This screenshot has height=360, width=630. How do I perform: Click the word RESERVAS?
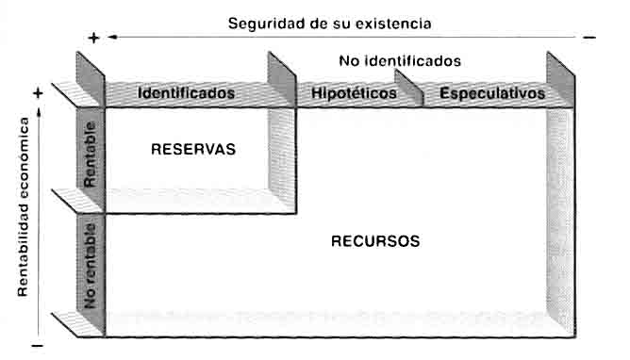tap(193, 149)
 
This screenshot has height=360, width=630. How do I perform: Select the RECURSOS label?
tap(375, 241)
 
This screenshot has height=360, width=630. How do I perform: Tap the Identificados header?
tap(186, 93)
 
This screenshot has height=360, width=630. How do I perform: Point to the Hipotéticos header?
tap(354, 93)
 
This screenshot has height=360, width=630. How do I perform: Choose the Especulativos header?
tap(492, 93)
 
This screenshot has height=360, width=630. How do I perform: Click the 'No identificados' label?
tap(400, 61)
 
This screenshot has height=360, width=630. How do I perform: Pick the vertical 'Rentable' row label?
tap(90, 155)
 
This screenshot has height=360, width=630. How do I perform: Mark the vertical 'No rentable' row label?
tap(90, 266)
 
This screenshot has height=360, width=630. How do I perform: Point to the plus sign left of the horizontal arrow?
tap(93, 38)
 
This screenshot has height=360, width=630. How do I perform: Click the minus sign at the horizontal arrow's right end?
tap(589, 38)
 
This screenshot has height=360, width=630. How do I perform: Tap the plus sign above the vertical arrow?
tap(38, 93)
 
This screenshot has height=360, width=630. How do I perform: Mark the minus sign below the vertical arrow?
tap(38, 346)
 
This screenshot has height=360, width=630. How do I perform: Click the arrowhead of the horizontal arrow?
tap(112, 38)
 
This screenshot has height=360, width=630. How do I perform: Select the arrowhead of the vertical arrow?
tap(39, 113)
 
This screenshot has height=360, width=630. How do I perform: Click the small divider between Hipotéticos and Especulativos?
tap(409, 88)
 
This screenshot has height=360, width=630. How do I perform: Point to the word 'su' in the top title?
tap(341, 25)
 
